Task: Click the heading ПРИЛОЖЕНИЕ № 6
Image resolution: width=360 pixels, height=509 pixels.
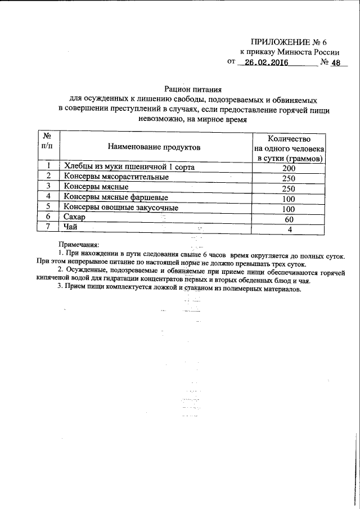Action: pyautogui.click(x=288, y=42)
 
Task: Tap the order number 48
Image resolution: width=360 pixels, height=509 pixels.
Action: pyautogui.click(x=336, y=63)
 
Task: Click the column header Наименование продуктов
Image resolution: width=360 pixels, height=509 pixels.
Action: pyautogui.click(x=155, y=147)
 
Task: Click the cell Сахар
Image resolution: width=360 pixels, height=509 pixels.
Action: pyautogui.click(x=74, y=217)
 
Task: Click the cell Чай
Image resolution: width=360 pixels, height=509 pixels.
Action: pyautogui.click(x=70, y=227)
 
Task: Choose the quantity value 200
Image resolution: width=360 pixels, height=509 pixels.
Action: pyautogui.click(x=289, y=168)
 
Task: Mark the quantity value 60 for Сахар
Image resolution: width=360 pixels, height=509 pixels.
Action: pyautogui.click(x=289, y=219)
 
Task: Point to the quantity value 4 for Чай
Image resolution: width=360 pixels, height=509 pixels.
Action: pyautogui.click(x=289, y=229)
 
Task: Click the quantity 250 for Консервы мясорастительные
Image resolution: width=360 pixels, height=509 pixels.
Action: pyautogui.click(x=289, y=178)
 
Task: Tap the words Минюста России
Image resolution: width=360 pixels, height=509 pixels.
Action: pyautogui.click(x=301, y=52)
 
